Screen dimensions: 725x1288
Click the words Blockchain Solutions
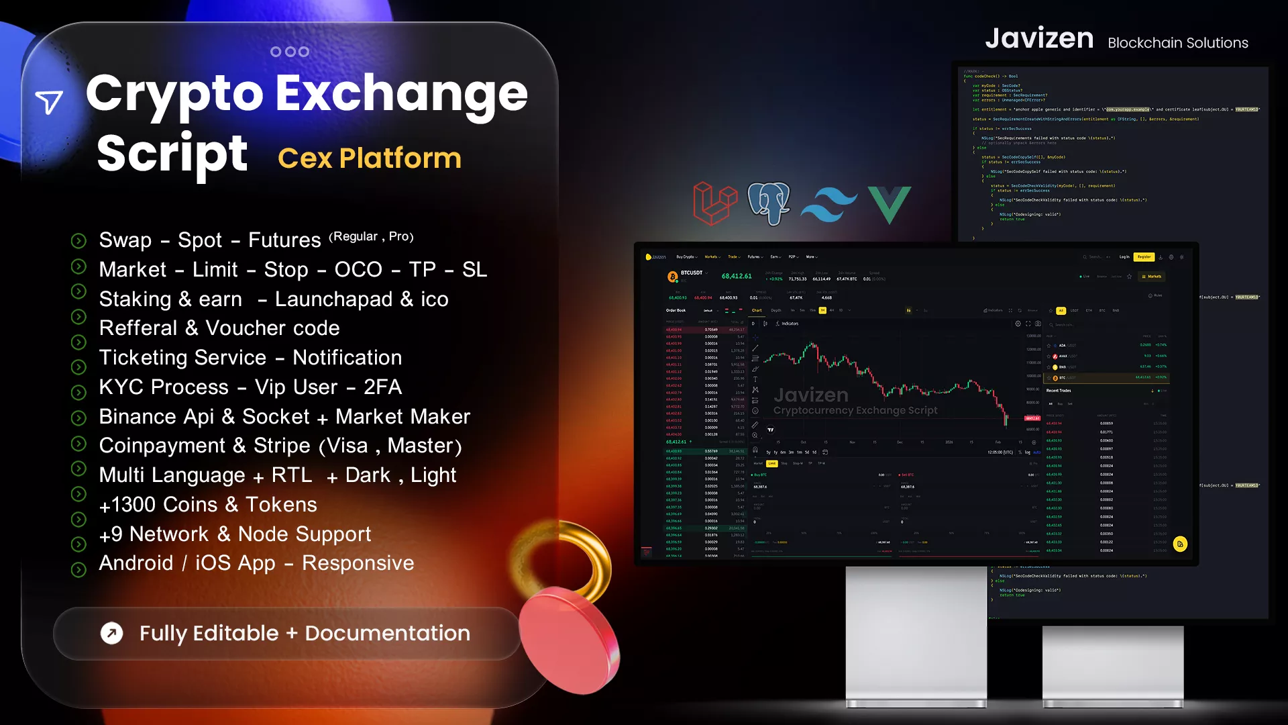[x=1177, y=43]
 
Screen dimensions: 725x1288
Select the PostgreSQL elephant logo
[x=769, y=203]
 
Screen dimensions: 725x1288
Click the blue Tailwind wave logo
[x=829, y=204]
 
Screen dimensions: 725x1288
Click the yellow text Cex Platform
[x=370, y=158]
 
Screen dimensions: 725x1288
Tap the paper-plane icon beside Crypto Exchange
[x=49, y=102]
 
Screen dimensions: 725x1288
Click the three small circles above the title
[x=289, y=52]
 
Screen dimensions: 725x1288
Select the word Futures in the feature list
[x=284, y=240]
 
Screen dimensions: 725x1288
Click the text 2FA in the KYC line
[x=382, y=387]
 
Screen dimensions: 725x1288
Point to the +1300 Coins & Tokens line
[x=208, y=505]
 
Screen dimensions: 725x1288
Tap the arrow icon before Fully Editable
[x=112, y=633]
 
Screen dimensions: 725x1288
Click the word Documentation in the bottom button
[x=387, y=633]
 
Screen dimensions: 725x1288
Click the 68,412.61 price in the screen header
[x=736, y=276]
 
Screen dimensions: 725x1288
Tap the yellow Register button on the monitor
[x=1144, y=256]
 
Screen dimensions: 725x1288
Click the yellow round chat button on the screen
[x=1180, y=544]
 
